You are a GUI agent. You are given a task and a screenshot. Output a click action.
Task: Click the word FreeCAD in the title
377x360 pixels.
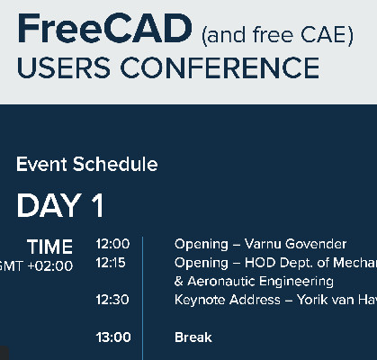[x=103, y=30]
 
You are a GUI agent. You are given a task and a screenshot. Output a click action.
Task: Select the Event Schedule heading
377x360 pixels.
[x=86, y=165]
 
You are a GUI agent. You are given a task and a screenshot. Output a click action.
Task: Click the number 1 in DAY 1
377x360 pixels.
[x=97, y=206]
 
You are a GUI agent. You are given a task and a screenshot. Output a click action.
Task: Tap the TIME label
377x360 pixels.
[x=49, y=247]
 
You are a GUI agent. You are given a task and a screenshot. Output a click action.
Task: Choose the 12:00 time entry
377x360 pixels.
[x=113, y=244]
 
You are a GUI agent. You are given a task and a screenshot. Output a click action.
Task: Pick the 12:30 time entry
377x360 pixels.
[x=113, y=300]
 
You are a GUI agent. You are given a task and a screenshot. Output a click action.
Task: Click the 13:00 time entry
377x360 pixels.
[x=113, y=337]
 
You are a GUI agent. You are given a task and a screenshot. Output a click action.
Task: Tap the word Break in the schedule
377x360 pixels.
[x=193, y=337]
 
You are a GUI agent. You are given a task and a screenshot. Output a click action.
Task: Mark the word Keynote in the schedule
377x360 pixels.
[x=199, y=300]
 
